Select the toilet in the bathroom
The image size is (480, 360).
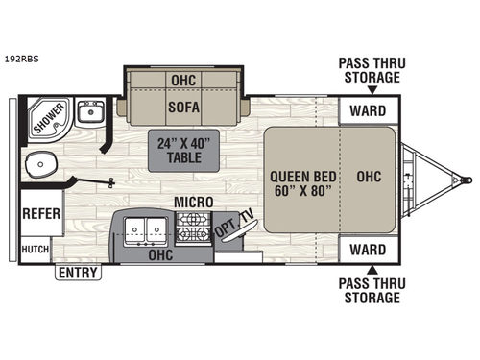coord(43,166)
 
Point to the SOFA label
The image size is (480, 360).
coord(182,108)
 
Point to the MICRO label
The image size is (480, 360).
coord(192,202)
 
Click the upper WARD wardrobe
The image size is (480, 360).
coord(367,110)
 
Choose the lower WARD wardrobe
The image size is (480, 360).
coord(367,251)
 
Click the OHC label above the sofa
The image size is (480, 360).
coord(182,80)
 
